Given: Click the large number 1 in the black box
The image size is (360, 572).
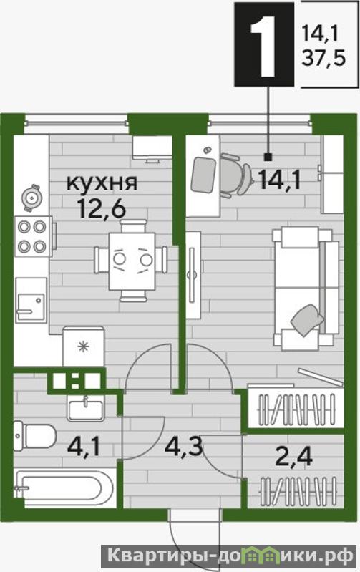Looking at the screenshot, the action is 263,45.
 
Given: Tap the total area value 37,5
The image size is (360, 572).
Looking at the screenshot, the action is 323,58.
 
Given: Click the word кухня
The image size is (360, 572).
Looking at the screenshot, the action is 102,183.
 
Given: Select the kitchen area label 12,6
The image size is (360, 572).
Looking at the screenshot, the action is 102,209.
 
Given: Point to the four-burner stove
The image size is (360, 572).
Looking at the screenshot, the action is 34,236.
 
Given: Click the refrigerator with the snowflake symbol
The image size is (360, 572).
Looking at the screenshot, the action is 84,346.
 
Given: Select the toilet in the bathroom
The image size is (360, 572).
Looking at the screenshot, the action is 34,435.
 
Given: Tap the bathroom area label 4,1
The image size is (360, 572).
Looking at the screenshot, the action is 83,448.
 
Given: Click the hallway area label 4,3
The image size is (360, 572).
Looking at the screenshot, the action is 183,447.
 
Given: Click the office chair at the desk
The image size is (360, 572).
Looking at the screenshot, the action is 235,175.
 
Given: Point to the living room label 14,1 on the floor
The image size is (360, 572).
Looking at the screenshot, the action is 280,180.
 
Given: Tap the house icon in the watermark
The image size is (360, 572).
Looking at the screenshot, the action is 265,556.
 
